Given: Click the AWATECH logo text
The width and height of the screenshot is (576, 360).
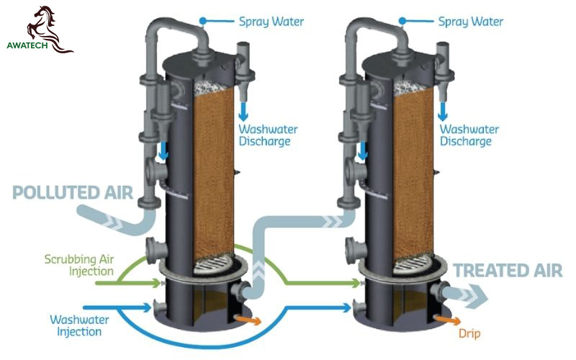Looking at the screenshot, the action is pyautogui.click(x=27, y=45).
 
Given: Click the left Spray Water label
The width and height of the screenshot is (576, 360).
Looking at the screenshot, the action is pyautogui.click(x=271, y=22).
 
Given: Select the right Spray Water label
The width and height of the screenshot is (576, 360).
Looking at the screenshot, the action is pyautogui.click(x=471, y=22).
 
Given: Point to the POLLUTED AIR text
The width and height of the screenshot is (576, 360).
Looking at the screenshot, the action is pyautogui.click(x=73, y=192).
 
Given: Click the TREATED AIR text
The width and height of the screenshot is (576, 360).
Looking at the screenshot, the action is pyautogui.click(x=508, y=271).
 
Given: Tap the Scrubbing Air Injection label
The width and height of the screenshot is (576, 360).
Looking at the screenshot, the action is pyautogui.click(x=79, y=265).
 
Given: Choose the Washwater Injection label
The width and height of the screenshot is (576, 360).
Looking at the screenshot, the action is pyautogui.click(x=79, y=325).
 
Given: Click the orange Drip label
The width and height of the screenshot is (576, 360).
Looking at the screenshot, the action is pyautogui.click(x=469, y=333).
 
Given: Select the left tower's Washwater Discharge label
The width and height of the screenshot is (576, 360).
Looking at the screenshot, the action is pyautogui.click(x=268, y=135).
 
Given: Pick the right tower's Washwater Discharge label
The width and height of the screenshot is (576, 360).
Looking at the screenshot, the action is pyautogui.click(x=469, y=135).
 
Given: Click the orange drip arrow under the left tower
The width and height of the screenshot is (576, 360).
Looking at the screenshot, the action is pyautogui.click(x=248, y=320).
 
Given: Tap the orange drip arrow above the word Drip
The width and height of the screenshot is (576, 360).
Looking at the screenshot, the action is pyautogui.click(x=447, y=320).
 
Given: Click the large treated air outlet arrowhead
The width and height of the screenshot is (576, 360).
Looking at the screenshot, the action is pyautogui.click(x=477, y=296).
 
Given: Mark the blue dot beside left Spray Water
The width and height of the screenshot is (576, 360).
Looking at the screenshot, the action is pyautogui.click(x=203, y=21).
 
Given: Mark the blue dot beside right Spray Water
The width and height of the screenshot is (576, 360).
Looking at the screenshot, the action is pyautogui.click(x=402, y=21).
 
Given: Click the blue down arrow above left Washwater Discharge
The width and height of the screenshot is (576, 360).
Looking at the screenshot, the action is pyautogui.click(x=243, y=112).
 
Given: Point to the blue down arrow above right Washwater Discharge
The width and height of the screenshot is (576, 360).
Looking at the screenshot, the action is pyautogui.click(x=443, y=112).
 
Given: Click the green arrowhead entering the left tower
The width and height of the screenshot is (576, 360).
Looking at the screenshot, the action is pyautogui.click(x=156, y=283).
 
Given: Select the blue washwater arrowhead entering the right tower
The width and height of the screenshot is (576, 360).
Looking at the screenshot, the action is pyautogui.click(x=347, y=307).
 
